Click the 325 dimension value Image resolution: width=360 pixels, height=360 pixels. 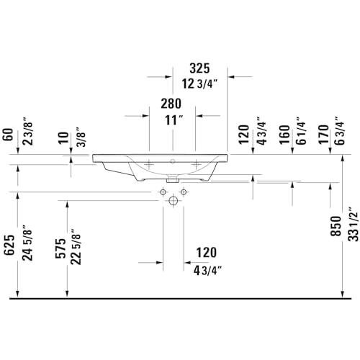[199, 68]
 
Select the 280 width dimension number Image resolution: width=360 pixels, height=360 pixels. [171, 104]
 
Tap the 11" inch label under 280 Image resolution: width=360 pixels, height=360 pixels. [174, 120]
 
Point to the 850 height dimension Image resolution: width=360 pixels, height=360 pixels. [336, 226]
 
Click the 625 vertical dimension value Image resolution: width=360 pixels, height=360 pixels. [9, 245]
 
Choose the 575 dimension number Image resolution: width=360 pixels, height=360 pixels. [60, 248]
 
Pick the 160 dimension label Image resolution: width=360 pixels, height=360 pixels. [284, 135]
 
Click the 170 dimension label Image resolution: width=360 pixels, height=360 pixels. [323, 135]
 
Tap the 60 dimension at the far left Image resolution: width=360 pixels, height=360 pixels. [8, 135]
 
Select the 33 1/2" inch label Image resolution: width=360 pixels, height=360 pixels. [354, 224]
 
